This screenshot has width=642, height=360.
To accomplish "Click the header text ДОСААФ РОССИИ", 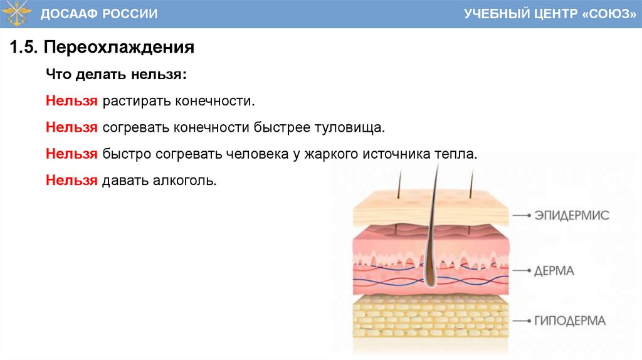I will click(x=99, y=14).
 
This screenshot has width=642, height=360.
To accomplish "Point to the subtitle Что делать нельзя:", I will click(x=116, y=75).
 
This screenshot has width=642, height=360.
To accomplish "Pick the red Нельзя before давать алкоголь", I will click(x=71, y=181).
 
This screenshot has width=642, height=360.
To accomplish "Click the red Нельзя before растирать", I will click(x=71, y=101).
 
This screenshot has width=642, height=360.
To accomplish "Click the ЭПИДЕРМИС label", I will click(x=571, y=215).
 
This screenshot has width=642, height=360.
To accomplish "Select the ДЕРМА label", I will click(x=554, y=272).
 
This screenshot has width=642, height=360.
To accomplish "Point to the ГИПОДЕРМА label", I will click(x=569, y=321).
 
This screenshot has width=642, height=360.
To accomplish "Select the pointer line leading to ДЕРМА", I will click(x=521, y=272).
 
